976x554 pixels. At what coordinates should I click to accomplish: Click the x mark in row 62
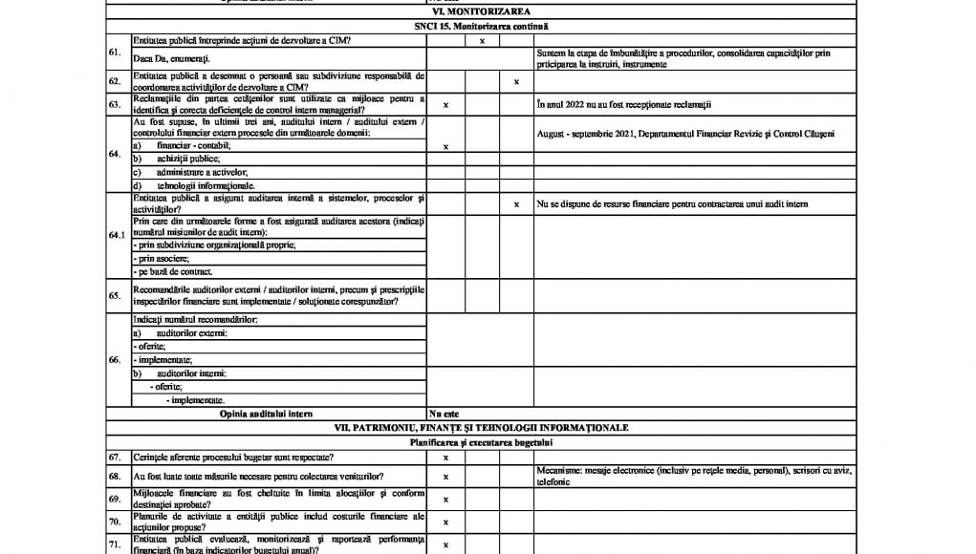coord(516,81)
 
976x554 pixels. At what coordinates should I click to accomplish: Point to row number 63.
coord(115,104)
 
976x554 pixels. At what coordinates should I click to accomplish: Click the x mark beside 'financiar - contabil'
coord(445,146)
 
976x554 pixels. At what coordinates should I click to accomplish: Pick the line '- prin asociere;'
coord(162,258)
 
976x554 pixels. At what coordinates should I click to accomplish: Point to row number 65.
coord(115,295)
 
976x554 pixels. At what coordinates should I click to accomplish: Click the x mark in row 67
coord(445,458)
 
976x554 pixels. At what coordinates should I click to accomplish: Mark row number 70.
coord(115,522)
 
